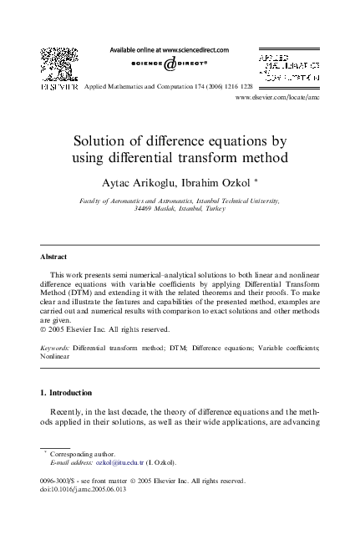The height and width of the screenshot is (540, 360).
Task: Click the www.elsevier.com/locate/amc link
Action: coord(279,99)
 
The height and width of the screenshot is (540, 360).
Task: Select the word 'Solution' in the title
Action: coord(120,140)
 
